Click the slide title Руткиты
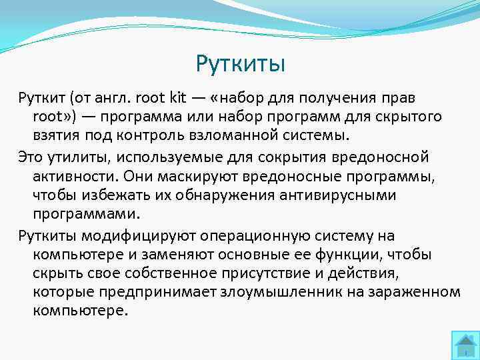click(240, 64)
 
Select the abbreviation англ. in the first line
click(113, 99)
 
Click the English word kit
click(178, 99)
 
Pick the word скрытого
click(407, 117)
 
